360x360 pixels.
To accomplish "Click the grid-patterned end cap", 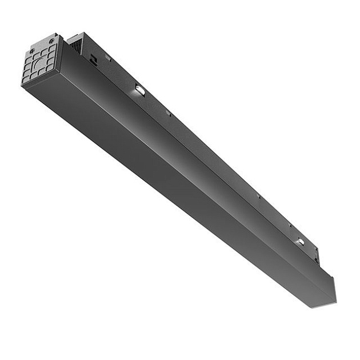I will click(40, 60).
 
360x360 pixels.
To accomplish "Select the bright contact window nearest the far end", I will click(300, 242).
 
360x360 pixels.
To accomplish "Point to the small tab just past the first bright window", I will click(168, 113).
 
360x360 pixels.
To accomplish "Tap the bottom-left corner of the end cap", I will click(22, 85).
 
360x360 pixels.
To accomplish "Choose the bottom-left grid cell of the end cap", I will click(27, 79).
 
